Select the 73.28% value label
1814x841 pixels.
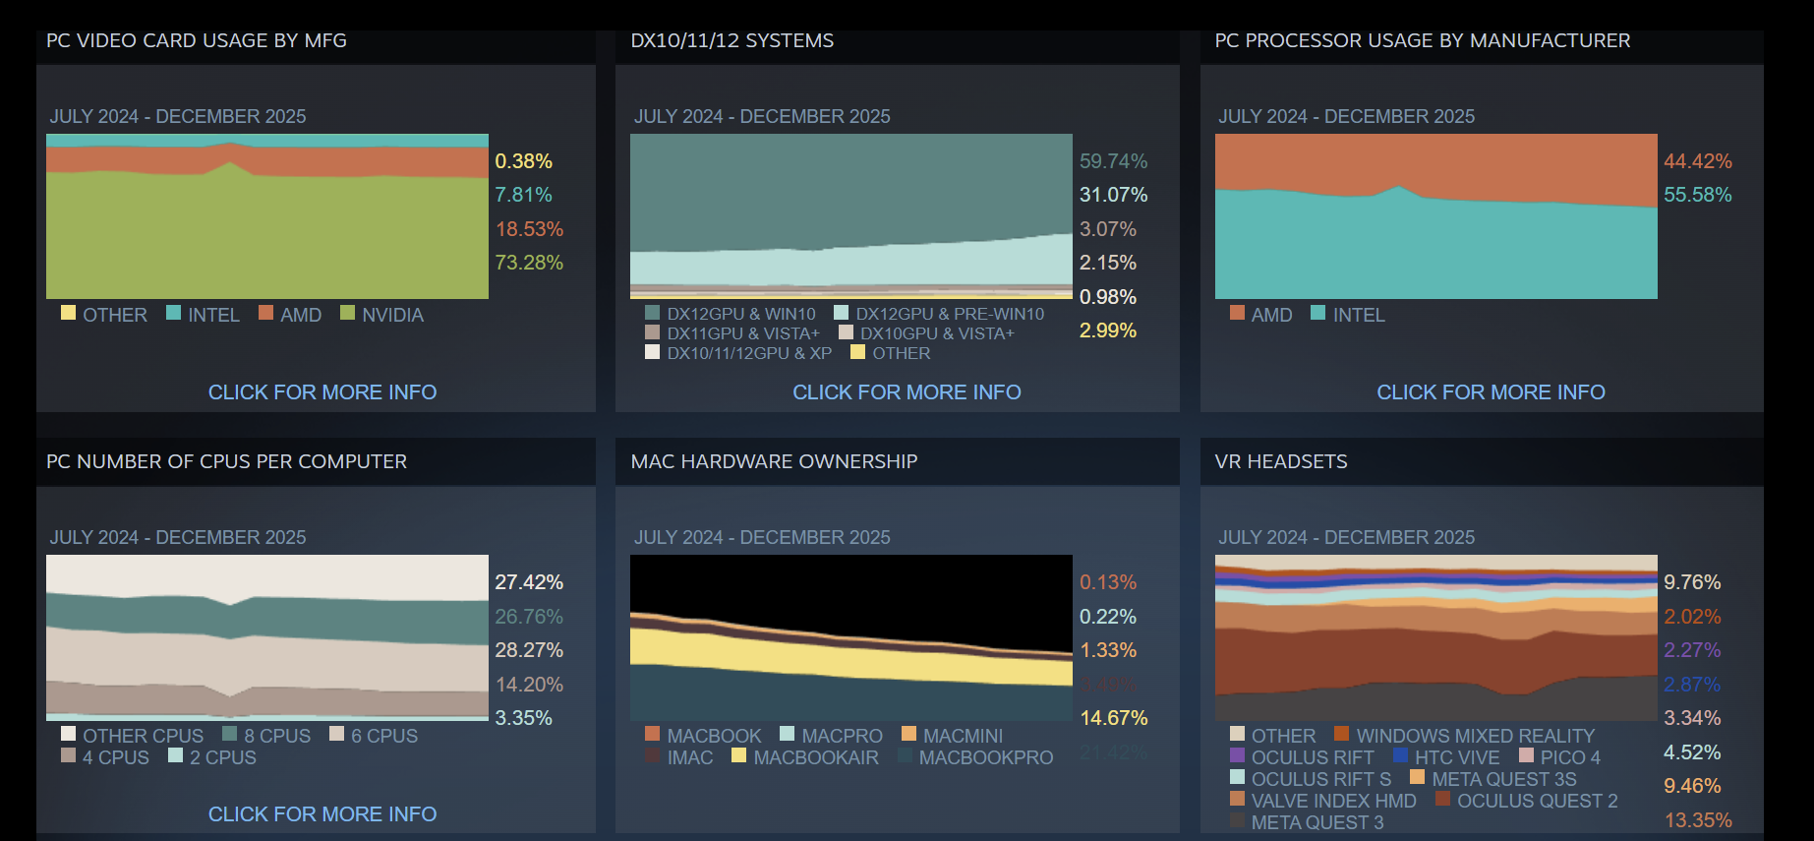(x=529, y=263)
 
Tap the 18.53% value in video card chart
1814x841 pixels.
(x=529, y=229)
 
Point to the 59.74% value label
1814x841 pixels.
(x=1113, y=161)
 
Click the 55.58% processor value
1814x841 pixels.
(x=1697, y=195)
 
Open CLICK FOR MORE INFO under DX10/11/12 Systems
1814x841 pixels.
(x=907, y=392)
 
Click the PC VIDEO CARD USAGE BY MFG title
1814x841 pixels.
(x=197, y=40)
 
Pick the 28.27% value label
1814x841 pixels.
(x=529, y=650)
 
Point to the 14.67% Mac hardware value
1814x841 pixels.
(x=1113, y=718)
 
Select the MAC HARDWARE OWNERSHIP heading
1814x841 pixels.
(x=774, y=461)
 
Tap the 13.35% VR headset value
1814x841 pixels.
(x=1697, y=820)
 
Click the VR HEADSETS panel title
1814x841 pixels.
(x=1281, y=461)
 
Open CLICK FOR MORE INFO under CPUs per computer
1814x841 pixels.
(x=322, y=814)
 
